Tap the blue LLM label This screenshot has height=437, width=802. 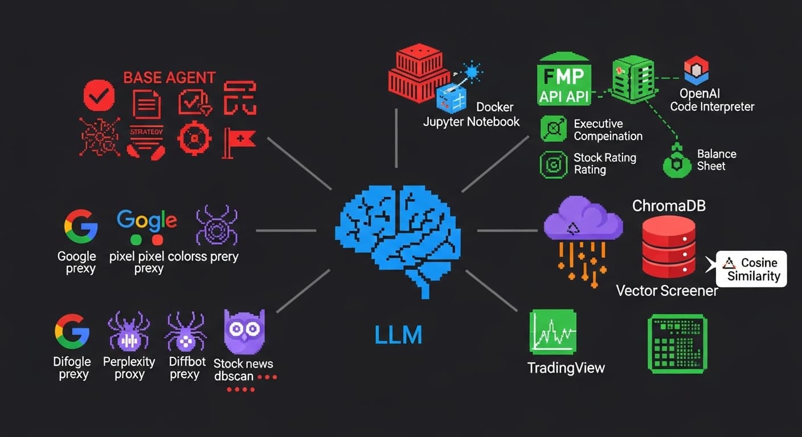pyautogui.click(x=398, y=335)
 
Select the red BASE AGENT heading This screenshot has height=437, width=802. pyautogui.click(x=169, y=77)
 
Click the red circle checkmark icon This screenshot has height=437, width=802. pyautogui.click(x=99, y=96)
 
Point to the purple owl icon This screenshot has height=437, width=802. pyautogui.click(x=244, y=333)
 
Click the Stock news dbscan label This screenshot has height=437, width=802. pyautogui.click(x=244, y=370)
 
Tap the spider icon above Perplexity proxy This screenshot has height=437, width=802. pyautogui.click(x=129, y=332)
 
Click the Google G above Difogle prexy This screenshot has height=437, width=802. pyautogui.click(x=72, y=331)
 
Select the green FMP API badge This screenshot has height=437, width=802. pyautogui.click(x=564, y=80)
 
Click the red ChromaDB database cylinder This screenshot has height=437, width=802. pyautogui.click(x=669, y=247)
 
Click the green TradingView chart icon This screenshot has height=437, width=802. pyautogui.click(x=553, y=332)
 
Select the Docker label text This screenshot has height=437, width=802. pyautogui.click(x=494, y=107)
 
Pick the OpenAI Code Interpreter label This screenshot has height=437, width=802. pyautogui.click(x=712, y=100)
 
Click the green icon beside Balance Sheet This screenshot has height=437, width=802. pyautogui.click(x=677, y=163)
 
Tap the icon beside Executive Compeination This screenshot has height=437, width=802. pyautogui.click(x=553, y=129)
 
